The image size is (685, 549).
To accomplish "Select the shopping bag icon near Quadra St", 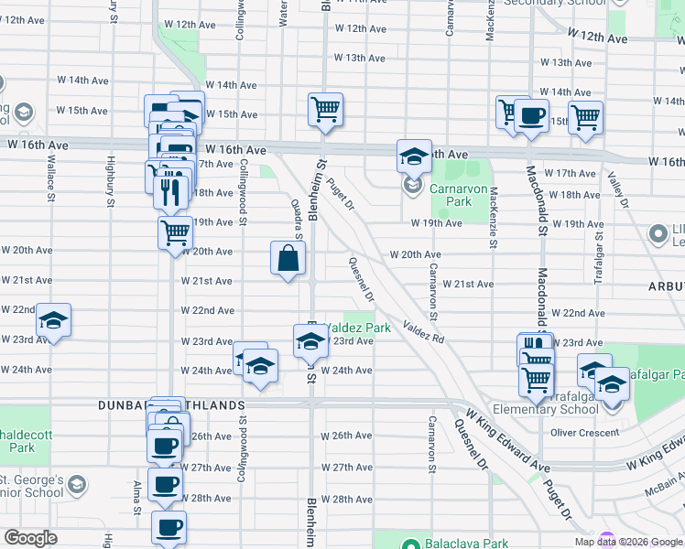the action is tap(288, 258).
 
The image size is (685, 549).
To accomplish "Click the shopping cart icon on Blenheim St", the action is tap(325, 110).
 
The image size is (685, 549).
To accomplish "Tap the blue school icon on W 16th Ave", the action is tap(414, 156).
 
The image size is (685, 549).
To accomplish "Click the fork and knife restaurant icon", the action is tap(169, 191).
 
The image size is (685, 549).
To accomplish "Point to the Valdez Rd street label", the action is tap(423, 332).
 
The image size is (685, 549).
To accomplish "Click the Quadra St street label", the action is tap(298, 217).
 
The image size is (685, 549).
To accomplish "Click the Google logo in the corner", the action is tap(30, 538).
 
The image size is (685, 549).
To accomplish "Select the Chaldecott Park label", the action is tap(16, 442).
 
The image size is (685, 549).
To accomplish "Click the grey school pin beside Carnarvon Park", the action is tap(411, 186).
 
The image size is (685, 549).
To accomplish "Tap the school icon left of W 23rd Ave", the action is tap(53, 321).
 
